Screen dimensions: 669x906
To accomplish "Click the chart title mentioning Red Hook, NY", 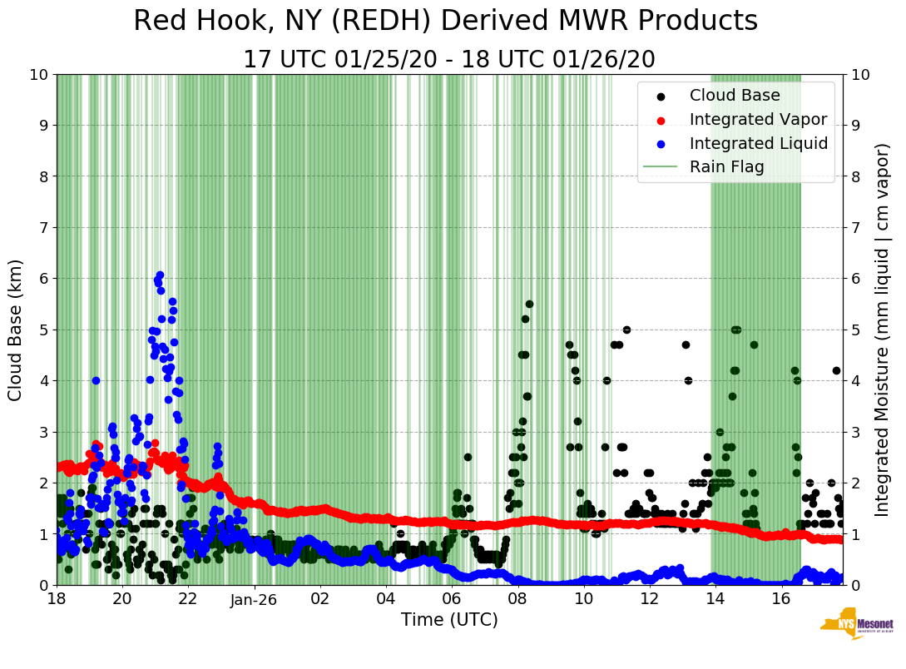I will click(x=445, y=22).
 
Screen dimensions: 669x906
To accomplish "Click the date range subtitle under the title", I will click(x=449, y=60).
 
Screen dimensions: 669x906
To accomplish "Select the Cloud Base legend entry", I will click(x=735, y=95).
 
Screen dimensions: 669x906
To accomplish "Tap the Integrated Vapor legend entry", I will click(x=758, y=119).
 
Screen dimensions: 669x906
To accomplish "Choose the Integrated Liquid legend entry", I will click(x=758, y=143).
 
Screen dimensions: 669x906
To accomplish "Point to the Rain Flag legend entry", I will click(x=726, y=167).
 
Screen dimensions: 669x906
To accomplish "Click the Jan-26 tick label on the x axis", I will click(x=254, y=599).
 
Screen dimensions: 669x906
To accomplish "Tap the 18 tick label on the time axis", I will click(x=57, y=599).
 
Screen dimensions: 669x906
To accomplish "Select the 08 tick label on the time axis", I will click(x=517, y=599).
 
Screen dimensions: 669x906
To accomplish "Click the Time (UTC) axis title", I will click(x=449, y=620).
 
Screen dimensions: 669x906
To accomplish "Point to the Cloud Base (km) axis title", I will click(x=16, y=330).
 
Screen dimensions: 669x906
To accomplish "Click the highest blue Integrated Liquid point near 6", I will click(x=160, y=275).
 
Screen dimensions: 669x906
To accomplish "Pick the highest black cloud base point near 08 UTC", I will click(x=529, y=304).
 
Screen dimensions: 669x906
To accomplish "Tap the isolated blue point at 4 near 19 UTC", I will click(x=96, y=380).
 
